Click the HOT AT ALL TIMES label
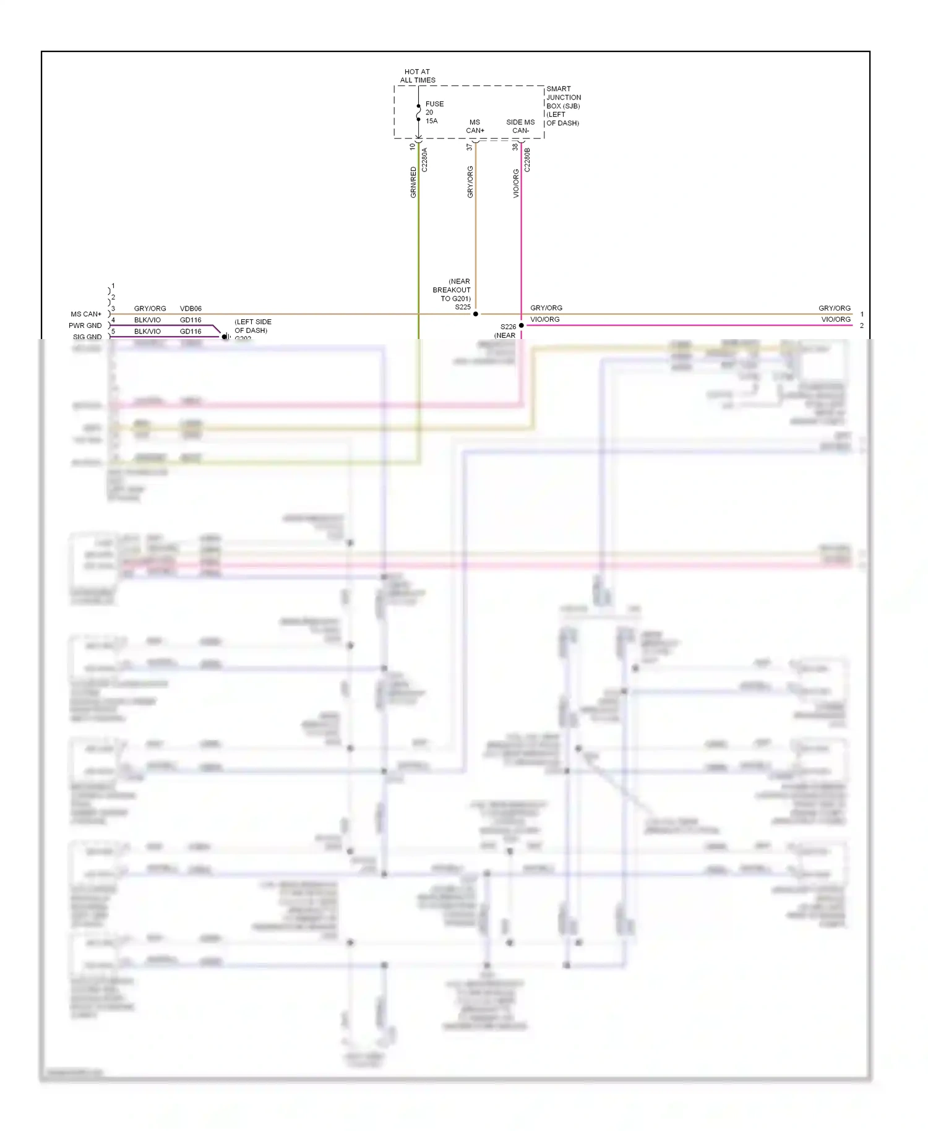(x=418, y=76)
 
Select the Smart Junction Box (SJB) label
(x=563, y=106)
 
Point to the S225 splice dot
(x=475, y=314)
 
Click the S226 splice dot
(x=522, y=325)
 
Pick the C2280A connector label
(x=424, y=160)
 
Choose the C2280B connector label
(x=527, y=160)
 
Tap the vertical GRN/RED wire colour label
(x=413, y=183)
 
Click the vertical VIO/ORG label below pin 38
(x=516, y=184)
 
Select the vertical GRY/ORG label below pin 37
(x=470, y=183)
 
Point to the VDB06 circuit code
(x=191, y=309)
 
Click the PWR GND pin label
(x=85, y=325)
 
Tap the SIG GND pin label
(x=87, y=337)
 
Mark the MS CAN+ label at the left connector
(x=86, y=314)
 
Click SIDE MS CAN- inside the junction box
(x=520, y=126)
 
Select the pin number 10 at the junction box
(x=413, y=147)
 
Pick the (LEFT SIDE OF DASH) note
(x=252, y=326)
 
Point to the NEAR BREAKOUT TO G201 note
(x=452, y=290)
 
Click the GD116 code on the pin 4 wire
(x=191, y=320)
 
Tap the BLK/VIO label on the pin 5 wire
(x=147, y=332)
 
